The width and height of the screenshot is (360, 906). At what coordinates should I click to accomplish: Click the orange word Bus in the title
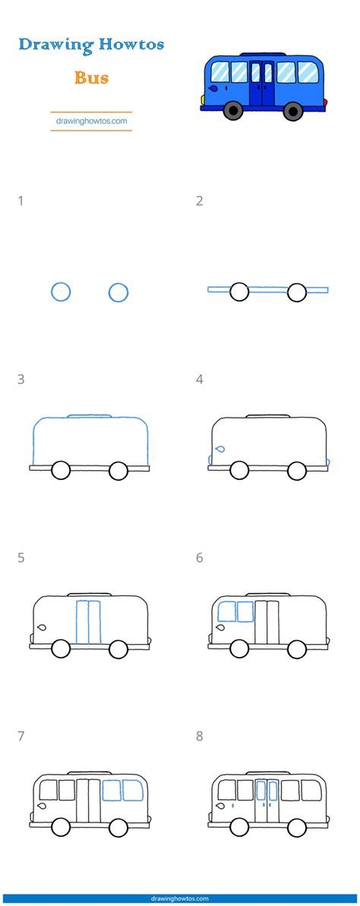tap(90, 77)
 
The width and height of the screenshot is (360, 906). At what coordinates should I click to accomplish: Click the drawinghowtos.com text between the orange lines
tap(91, 122)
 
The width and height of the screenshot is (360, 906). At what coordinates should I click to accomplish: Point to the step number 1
tap(21, 201)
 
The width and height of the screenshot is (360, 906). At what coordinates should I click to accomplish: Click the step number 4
tap(199, 380)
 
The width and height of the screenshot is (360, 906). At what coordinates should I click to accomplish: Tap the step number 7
tap(21, 736)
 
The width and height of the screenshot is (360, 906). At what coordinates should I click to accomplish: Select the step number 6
tap(199, 557)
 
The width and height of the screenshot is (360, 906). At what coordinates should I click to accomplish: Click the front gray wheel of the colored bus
tap(233, 110)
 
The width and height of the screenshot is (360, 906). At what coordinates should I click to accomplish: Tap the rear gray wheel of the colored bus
tap(294, 110)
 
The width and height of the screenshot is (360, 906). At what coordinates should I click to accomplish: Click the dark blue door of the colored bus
tap(262, 84)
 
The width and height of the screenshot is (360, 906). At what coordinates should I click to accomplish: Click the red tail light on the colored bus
tap(325, 103)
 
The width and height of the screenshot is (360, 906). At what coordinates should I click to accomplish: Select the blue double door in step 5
tap(88, 622)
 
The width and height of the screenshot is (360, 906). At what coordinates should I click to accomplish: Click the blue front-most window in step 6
tap(226, 611)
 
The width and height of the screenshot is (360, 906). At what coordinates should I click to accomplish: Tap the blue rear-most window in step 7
tap(133, 790)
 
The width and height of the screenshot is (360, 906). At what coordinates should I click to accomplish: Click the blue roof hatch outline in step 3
tap(90, 415)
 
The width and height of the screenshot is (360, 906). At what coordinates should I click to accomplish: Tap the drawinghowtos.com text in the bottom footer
tap(180, 899)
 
